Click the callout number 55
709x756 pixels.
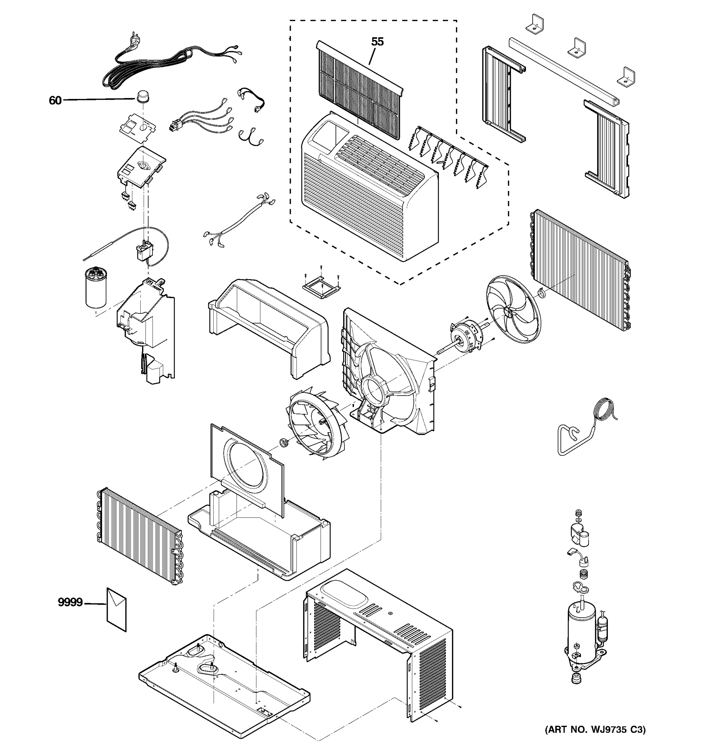coord(377,42)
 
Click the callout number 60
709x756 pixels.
coord(55,100)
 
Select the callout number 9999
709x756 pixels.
coord(70,602)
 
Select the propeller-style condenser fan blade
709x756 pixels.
coord(513,310)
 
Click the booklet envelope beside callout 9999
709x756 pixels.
coord(116,609)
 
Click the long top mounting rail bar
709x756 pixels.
coord(565,70)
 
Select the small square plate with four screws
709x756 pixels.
coord(321,288)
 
